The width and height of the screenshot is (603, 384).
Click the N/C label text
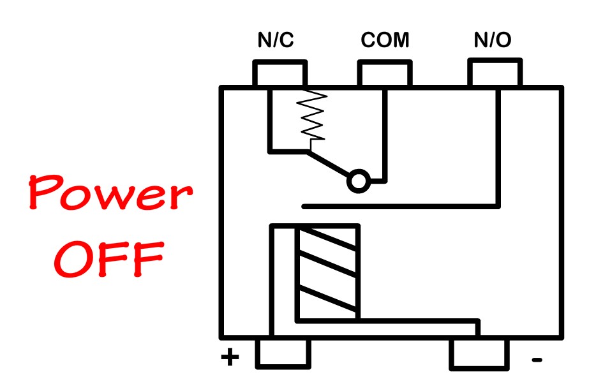[276, 41]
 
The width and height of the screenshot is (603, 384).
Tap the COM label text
[385, 41]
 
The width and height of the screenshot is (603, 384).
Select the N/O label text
[492, 41]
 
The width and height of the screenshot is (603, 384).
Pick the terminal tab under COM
[384, 73]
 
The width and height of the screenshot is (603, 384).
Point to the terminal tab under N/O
[495, 73]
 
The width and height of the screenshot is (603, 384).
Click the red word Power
[109, 194]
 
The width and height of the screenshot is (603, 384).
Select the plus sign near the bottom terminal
[230, 358]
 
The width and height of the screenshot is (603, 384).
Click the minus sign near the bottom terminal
[537, 361]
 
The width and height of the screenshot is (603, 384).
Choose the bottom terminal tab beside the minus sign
[479, 354]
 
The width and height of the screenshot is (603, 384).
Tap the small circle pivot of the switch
[357, 182]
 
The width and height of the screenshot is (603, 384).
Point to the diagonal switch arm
[329, 165]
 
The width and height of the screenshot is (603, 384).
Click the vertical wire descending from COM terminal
[384, 134]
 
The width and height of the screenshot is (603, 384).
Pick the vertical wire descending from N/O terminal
[498, 147]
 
